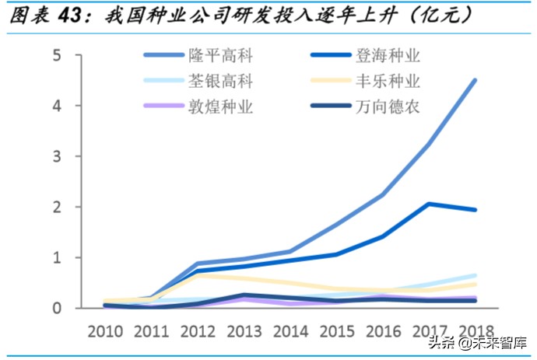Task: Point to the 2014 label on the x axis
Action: point(290,330)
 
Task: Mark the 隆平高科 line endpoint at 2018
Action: point(474,80)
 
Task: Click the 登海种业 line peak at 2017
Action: point(429,204)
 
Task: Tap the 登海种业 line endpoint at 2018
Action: point(474,210)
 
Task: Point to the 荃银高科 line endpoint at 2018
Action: point(474,275)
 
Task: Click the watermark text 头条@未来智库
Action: point(471,343)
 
